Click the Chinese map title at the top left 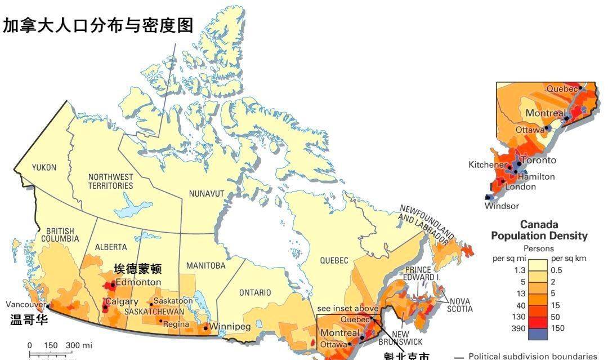(98, 25)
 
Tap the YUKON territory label (44, 167)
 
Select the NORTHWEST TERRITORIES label (110, 181)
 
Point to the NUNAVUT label (207, 194)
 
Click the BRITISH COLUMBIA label (62, 235)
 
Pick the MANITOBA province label (205, 265)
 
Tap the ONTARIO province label (255, 292)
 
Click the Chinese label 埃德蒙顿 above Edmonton (137, 269)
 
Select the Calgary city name (122, 302)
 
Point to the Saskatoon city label (173, 301)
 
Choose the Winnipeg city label (230, 327)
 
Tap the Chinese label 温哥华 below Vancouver (29, 321)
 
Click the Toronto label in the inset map (537, 160)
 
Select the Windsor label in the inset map (502, 206)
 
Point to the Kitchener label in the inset (487, 165)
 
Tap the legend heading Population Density (539, 235)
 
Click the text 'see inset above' (347, 308)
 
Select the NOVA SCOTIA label (459, 304)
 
